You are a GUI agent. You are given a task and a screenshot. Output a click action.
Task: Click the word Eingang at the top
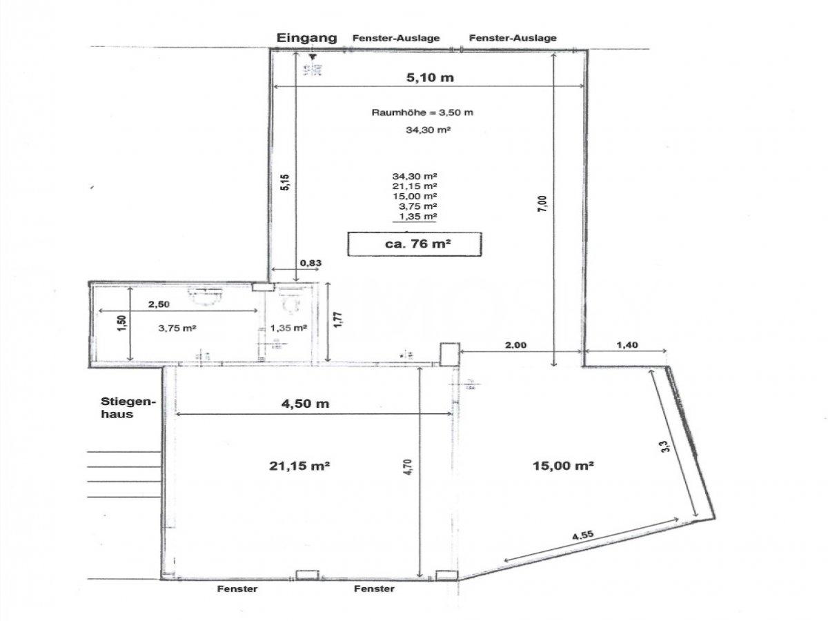pos(307,38)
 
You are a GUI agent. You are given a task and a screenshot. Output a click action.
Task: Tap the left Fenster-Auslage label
pos(395,38)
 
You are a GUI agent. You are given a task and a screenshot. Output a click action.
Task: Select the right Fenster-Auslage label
pos(513,38)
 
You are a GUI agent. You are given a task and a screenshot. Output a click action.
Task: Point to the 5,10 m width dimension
pos(429,77)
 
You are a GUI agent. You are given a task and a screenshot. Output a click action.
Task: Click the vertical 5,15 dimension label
pos(284,182)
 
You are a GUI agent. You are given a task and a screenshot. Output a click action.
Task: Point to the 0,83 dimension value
pos(311,262)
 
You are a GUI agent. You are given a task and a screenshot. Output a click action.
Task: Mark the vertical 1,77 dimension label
pos(338,321)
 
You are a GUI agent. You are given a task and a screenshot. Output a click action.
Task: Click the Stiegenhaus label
pos(128,408)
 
